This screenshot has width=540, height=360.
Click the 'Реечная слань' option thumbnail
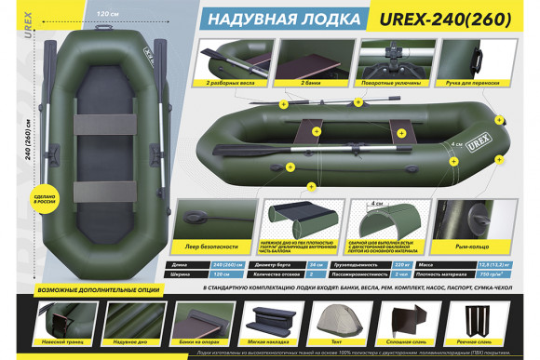pyautogui.click(x=481, y=322)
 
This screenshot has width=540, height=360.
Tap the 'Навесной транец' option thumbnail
pyautogui.click(x=58, y=322)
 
